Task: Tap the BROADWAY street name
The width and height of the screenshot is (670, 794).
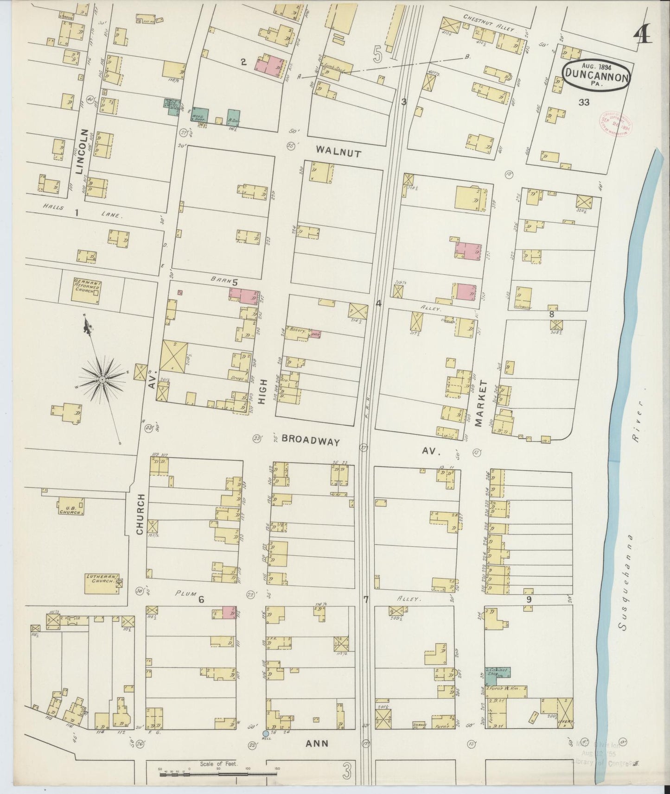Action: point(311,441)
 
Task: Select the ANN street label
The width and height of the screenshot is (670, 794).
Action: point(317,744)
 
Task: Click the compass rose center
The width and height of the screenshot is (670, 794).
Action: point(102,380)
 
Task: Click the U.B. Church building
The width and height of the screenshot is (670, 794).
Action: point(71,506)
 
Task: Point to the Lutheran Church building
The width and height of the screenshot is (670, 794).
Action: point(101,583)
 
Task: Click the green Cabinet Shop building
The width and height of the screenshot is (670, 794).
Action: point(498,675)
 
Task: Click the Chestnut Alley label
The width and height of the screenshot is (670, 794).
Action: point(489,22)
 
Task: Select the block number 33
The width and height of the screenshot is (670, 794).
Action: point(584,102)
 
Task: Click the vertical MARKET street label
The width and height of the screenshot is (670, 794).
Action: point(484,400)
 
